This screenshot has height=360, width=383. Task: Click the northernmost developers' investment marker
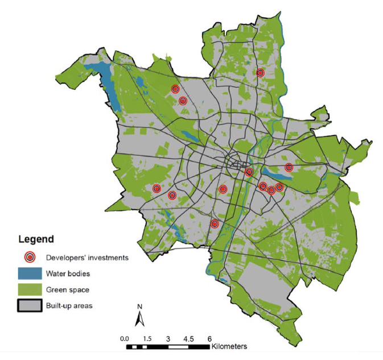click(260, 73)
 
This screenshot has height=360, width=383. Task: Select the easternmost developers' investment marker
click(289, 167)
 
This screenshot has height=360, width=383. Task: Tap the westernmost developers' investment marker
click(157, 188)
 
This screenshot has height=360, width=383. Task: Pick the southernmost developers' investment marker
click(215, 224)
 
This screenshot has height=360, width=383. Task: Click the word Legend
click(36, 239)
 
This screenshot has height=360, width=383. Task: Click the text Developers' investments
click(87, 257)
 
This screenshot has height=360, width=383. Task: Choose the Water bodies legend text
click(68, 273)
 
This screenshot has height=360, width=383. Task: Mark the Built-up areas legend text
click(69, 305)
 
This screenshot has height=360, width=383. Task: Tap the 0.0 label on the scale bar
click(126, 338)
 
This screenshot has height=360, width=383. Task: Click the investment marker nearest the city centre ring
click(249, 172)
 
